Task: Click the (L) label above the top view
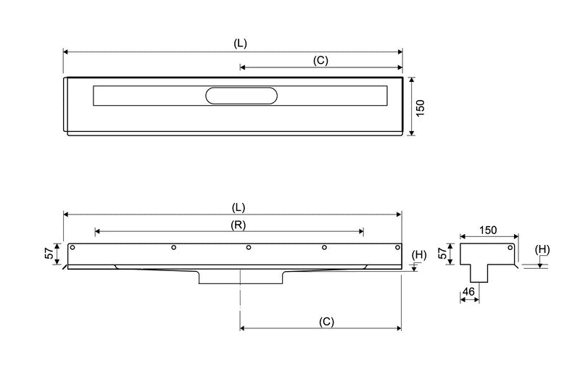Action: point(241,43)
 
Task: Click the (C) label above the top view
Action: point(320,61)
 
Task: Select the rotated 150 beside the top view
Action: point(420,107)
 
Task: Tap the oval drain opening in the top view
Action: point(241,96)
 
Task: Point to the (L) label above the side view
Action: point(241,207)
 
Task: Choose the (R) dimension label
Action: point(238,225)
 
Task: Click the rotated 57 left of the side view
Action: point(49,254)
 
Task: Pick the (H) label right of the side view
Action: point(419,254)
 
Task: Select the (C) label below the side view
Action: point(326,320)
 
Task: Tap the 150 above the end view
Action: point(488,230)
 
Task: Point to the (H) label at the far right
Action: point(542,250)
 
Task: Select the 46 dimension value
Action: point(468,291)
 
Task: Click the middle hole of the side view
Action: point(249,248)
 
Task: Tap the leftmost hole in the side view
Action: point(72,248)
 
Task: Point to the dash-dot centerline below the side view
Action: point(240,304)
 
